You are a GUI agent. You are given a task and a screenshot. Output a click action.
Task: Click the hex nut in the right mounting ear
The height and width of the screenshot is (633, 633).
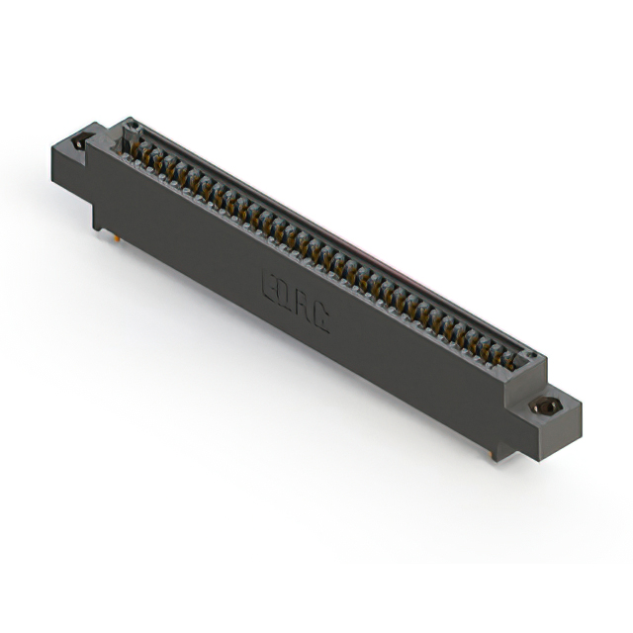tap(543, 406)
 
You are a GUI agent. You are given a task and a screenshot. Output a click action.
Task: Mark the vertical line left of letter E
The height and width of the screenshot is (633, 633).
tap(260, 278)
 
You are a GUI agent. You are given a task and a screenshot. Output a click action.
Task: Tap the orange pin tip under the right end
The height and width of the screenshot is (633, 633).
tap(492, 453)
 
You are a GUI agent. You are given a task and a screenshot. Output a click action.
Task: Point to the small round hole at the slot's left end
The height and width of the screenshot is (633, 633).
tap(130, 127)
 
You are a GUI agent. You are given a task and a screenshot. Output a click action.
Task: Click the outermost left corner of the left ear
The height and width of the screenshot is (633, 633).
tap(52, 147)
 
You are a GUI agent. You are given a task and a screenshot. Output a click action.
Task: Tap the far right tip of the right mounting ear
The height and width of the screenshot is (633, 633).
tap(582, 403)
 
